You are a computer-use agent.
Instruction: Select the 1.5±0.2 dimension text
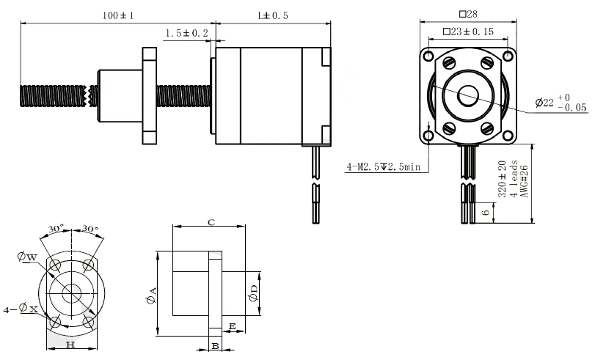(187, 34)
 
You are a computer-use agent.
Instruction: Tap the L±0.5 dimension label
(272, 15)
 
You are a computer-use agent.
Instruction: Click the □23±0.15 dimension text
(468, 32)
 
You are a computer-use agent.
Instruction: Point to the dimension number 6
(486, 212)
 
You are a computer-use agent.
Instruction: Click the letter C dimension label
(211, 221)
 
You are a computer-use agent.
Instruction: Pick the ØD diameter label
(253, 293)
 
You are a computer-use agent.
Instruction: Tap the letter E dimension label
(233, 325)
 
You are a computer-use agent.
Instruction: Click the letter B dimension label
(215, 345)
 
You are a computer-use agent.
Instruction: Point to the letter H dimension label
(70, 343)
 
